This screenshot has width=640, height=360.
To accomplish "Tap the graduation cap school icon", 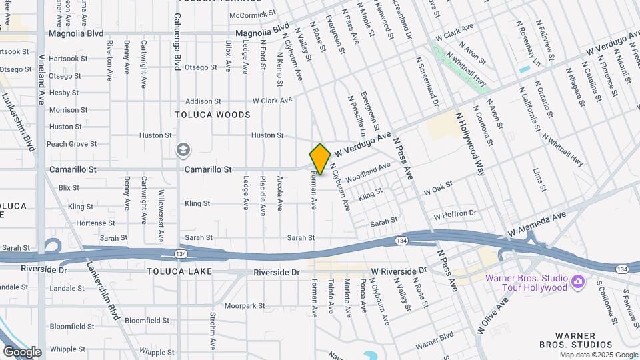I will coord(182,151).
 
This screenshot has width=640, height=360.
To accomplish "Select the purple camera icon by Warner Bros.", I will coord(577,282).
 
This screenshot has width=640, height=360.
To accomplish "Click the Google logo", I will coord(22,351).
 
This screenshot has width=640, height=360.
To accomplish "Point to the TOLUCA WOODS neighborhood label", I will coord(213,115).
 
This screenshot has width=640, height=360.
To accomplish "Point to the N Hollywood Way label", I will coord(470,143).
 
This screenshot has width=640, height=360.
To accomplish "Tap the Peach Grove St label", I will coord(72,144).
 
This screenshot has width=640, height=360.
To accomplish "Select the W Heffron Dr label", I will coord(455,215).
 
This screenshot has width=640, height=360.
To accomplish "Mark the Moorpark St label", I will coord(245,306).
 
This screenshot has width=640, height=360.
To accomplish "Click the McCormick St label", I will coord(252,14).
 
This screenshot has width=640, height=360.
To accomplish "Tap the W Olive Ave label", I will coord(492,315).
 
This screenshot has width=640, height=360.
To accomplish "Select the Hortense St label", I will coord(78,223).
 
